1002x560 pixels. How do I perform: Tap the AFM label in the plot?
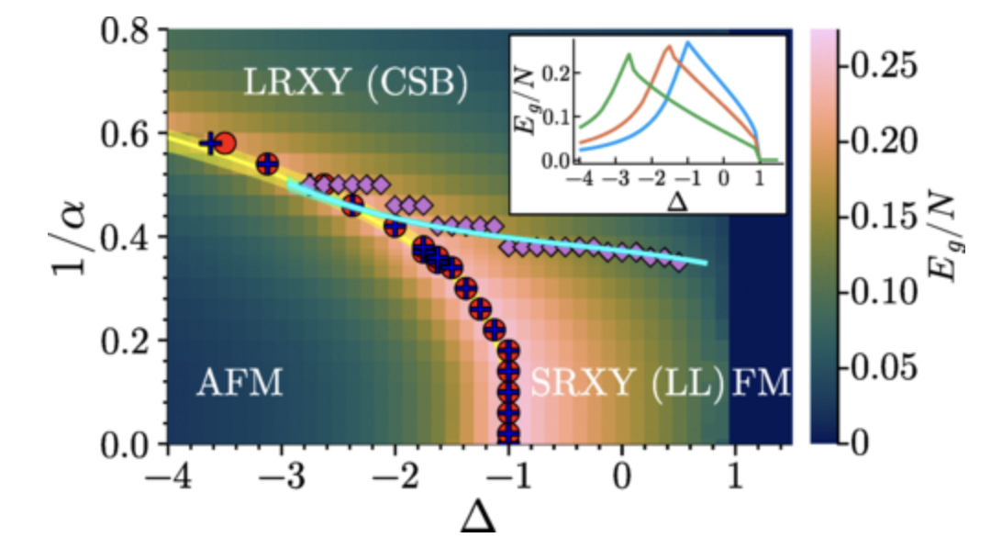[239, 382]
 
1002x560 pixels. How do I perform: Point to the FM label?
[761, 382]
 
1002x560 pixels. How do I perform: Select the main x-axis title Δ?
[476, 519]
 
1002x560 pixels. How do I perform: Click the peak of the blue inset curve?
[687, 42]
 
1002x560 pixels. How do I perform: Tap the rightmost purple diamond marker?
[680, 263]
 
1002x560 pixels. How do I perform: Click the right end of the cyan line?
[706, 263]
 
